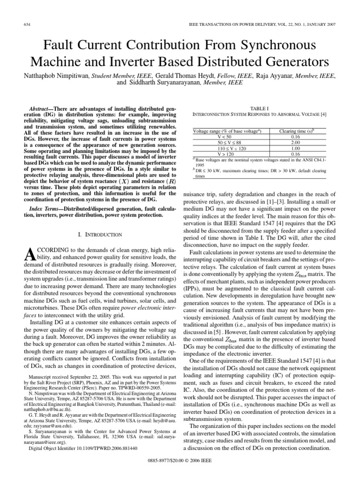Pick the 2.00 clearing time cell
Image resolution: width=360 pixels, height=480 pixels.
295,142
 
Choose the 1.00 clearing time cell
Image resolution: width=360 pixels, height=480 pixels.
295,148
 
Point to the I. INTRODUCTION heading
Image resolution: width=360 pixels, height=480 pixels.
99,234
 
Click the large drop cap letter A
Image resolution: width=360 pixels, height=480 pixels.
28,256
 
